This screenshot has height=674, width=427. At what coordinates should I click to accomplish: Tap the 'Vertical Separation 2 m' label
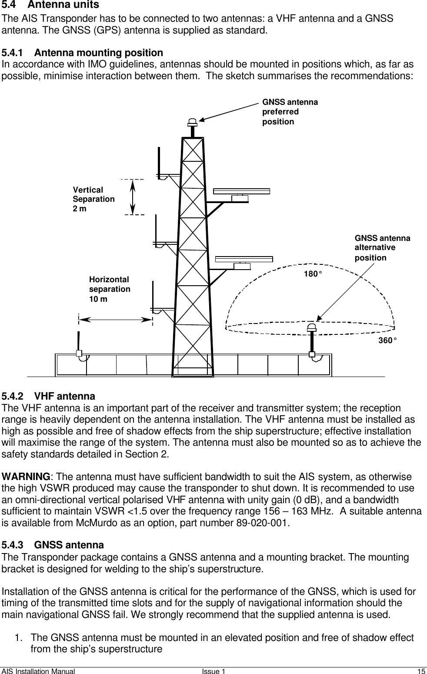click(x=93, y=199)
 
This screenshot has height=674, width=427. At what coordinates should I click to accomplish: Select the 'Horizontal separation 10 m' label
click(x=110, y=289)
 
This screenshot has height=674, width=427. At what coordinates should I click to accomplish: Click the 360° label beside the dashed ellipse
click(x=387, y=340)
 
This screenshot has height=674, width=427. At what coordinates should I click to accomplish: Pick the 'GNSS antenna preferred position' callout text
click(x=290, y=112)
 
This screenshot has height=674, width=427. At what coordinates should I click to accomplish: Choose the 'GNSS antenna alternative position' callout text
click(x=382, y=248)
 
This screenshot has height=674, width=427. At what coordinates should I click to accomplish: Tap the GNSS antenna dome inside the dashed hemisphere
click(x=311, y=327)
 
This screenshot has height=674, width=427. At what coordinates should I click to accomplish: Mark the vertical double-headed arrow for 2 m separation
click(x=132, y=197)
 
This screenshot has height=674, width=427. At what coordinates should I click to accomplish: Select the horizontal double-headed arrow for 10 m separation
click(x=115, y=319)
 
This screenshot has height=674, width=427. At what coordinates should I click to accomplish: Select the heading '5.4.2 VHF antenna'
click(x=48, y=396)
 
